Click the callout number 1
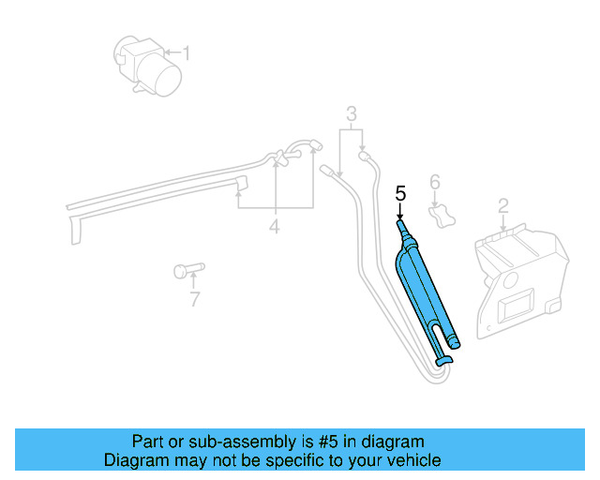(186, 53)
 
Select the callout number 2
(503, 205)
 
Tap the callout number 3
(352, 115)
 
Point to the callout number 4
(275, 226)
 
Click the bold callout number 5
(400, 195)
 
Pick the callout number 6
(434, 181)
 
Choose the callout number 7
(194, 299)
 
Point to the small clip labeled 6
(440, 216)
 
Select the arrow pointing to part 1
(170, 52)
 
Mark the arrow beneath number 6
(434, 199)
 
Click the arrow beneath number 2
(503, 223)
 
